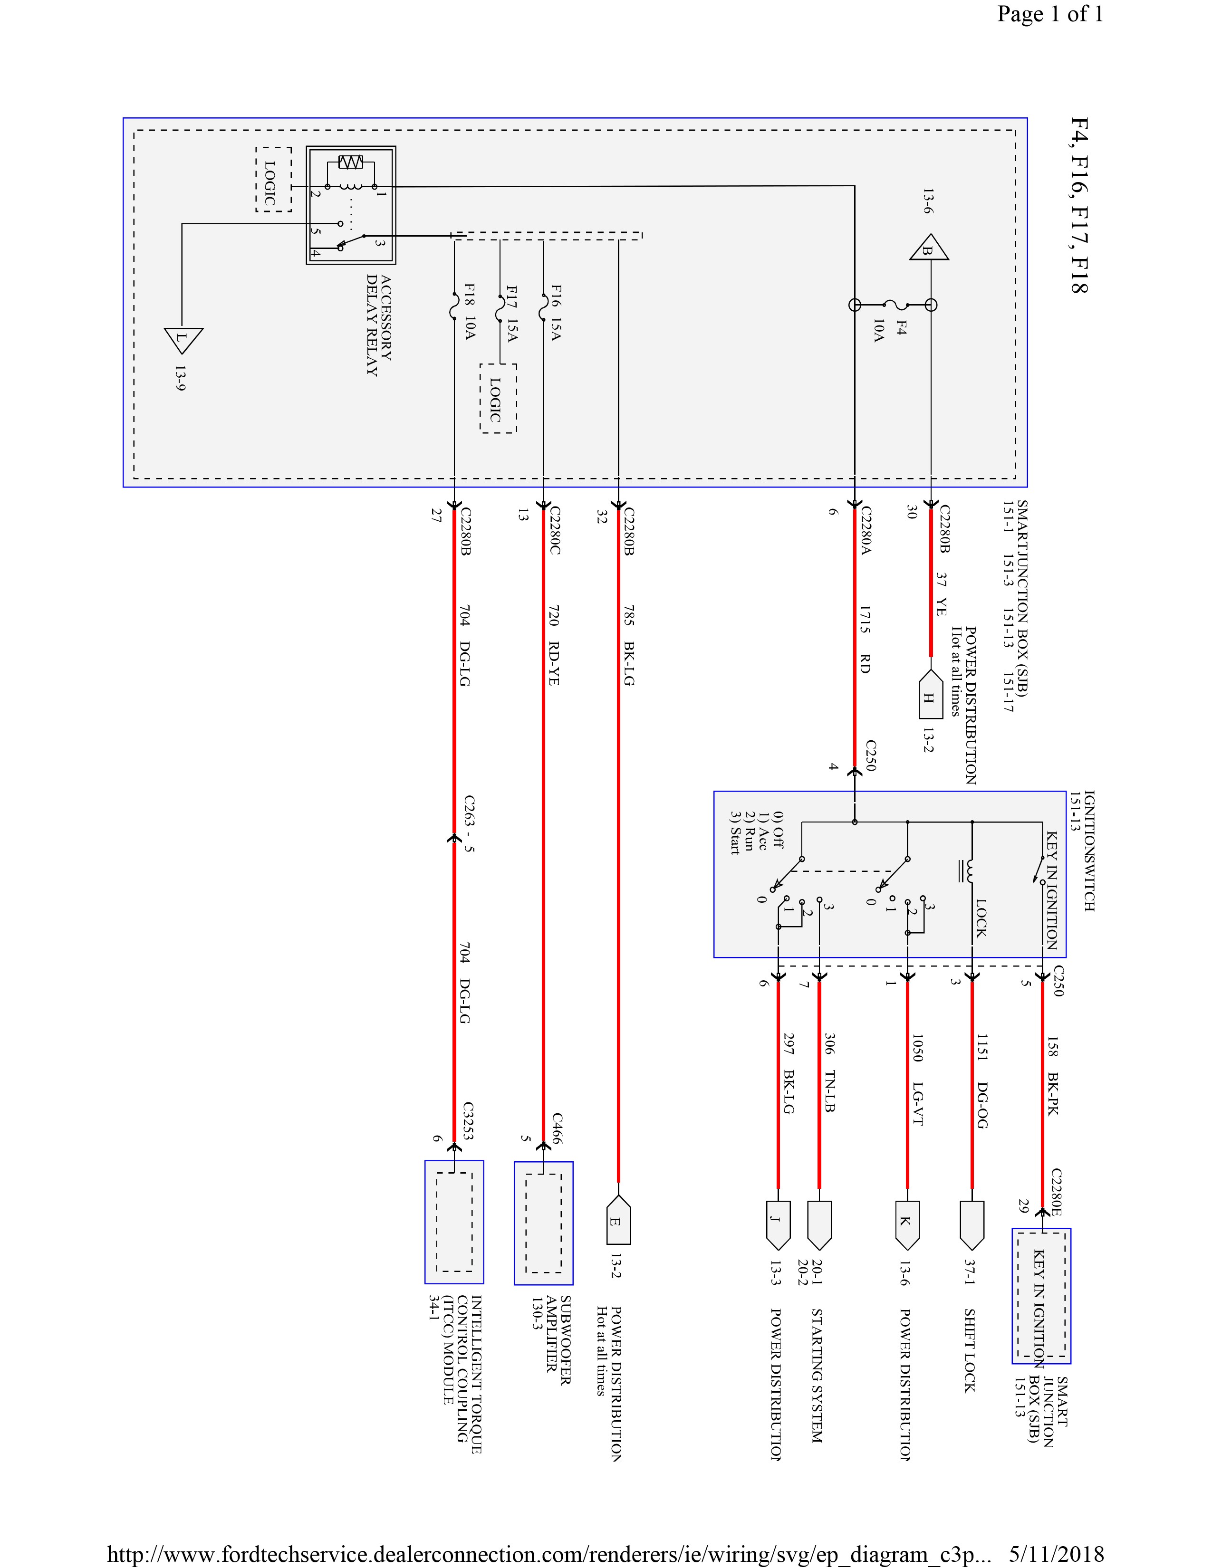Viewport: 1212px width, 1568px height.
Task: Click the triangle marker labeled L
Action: pos(183,338)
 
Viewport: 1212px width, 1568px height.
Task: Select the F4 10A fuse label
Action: pos(889,330)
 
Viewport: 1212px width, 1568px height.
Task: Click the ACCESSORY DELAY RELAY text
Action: pos(378,325)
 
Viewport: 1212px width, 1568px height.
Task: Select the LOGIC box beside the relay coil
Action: pos(273,180)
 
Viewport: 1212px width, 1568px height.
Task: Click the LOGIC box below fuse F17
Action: pos(498,399)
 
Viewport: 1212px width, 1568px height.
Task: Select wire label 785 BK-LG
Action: pos(629,645)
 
